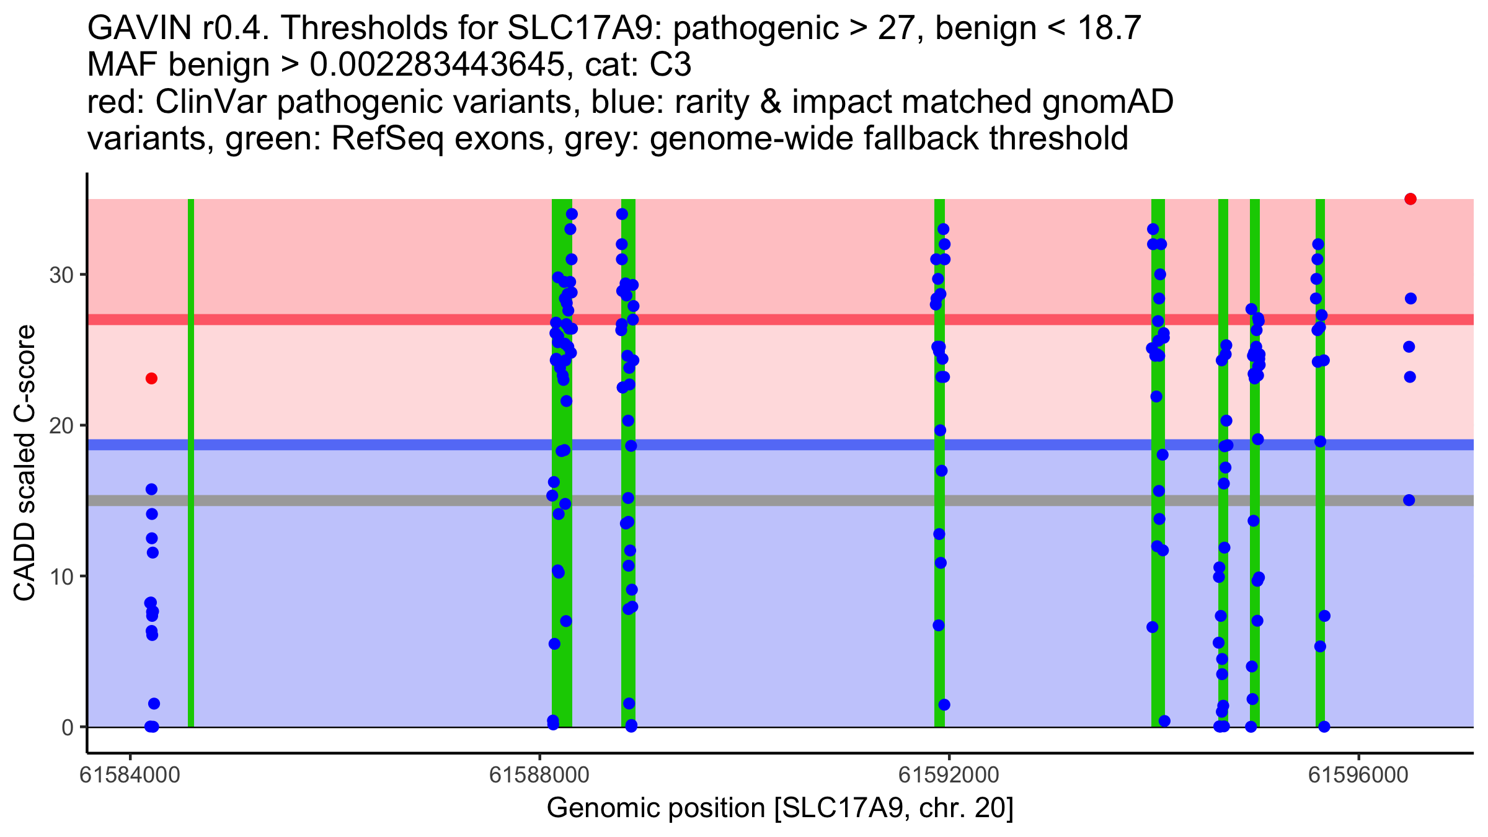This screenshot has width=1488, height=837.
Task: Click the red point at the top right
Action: point(1410,199)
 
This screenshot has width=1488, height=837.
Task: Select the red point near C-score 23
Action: point(151,378)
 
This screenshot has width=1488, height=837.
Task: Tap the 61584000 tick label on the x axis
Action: point(130,776)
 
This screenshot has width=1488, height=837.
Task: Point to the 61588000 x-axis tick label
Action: point(539,776)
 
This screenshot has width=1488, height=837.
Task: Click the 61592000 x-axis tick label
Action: point(949,776)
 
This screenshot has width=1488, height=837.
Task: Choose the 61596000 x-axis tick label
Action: point(1358,776)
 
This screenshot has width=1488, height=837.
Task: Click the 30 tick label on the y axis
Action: point(61,275)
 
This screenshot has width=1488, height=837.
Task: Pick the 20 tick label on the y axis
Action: point(61,426)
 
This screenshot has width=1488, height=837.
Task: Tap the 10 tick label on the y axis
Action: point(61,577)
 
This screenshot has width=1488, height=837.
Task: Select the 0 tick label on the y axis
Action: point(68,727)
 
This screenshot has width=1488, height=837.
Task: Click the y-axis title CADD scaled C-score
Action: point(25,463)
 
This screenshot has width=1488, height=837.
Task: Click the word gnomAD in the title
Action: point(1108,102)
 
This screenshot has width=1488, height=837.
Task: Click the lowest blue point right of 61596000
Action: point(1409,500)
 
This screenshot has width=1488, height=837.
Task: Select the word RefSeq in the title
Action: point(387,138)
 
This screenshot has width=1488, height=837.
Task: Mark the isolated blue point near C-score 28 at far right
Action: point(1410,299)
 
